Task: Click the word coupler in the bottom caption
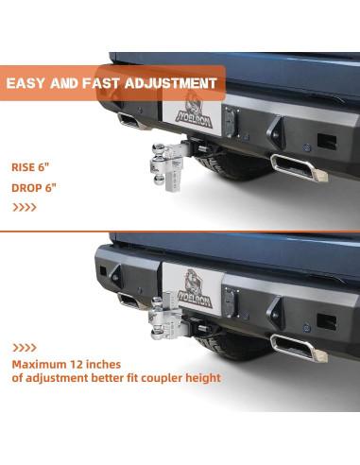[170, 378]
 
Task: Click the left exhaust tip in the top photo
[127, 122]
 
